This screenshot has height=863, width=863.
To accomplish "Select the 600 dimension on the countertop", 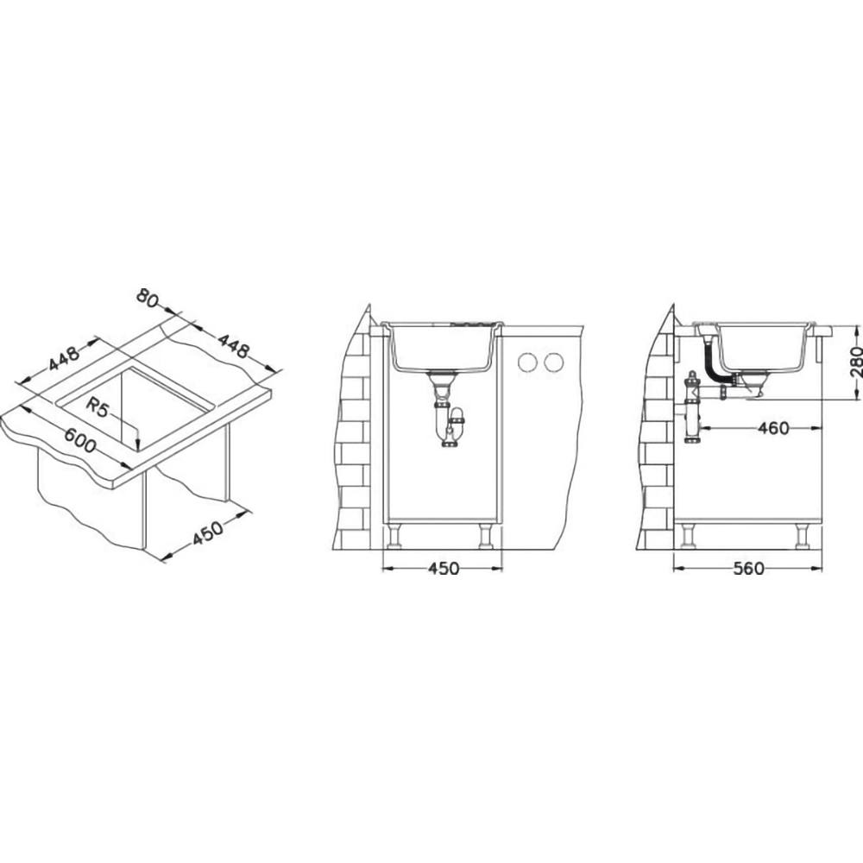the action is [x=79, y=441].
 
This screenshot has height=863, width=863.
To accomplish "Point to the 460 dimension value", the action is [x=773, y=428].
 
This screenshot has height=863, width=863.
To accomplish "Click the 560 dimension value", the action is [x=749, y=568].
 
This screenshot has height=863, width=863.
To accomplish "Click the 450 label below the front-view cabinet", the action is [x=443, y=568].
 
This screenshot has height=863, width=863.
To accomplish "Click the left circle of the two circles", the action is [x=527, y=362].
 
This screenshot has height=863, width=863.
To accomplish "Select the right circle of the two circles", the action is [x=553, y=362].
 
